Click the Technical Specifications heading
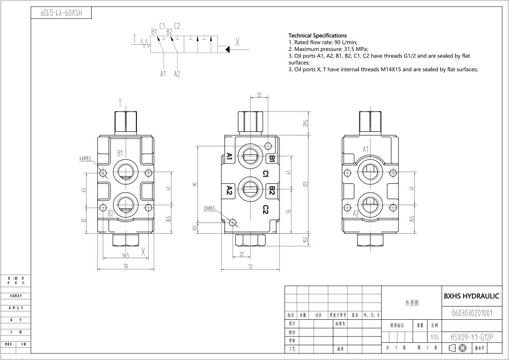[x=318, y=35]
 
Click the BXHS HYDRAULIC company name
[x=471, y=296]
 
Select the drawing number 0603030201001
[x=471, y=313]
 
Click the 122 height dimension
[x=306, y=184]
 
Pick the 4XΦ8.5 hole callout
[x=85, y=158]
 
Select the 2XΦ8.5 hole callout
[x=210, y=208]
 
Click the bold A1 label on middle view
[x=229, y=157]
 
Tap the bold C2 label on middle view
[x=265, y=209]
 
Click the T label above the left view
[x=120, y=102]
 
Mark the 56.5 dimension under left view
[x=125, y=255]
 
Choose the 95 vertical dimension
[x=194, y=184]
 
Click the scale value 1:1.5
[x=434, y=337]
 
